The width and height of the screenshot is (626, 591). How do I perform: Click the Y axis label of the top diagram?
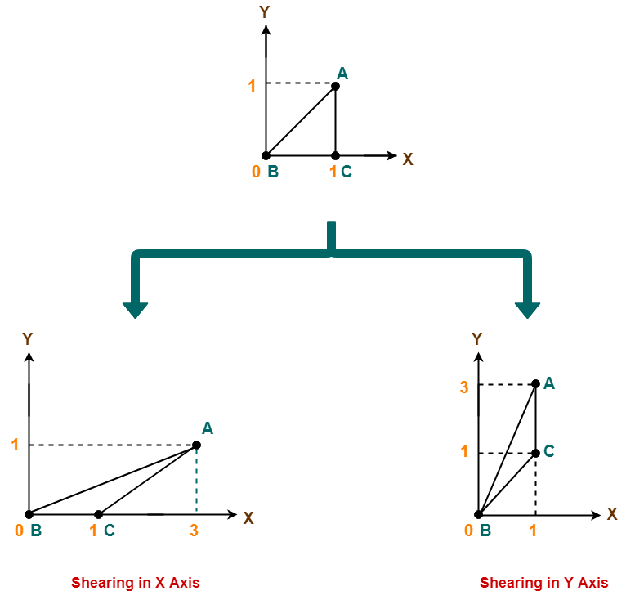click(x=264, y=12)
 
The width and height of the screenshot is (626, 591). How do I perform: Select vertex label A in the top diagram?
click(x=342, y=74)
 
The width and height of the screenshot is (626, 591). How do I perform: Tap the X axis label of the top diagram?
click(x=408, y=159)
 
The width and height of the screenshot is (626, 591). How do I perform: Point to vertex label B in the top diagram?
click(x=273, y=172)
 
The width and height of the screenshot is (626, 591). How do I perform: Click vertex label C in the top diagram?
click(x=347, y=172)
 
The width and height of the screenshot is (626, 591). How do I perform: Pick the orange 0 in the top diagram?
click(x=256, y=172)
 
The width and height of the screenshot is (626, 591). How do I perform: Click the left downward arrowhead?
click(x=135, y=309)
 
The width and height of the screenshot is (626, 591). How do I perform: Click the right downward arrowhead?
click(x=527, y=309)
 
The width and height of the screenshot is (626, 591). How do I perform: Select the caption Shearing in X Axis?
click(x=135, y=583)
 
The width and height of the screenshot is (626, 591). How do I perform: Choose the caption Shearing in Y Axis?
click(x=543, y=583)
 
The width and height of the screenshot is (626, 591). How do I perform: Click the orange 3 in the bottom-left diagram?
click(x=194, y=531)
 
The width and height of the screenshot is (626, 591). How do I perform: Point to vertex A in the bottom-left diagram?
click(x=208, y=428)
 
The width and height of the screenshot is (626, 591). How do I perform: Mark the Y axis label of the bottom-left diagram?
click(x=27, y=339)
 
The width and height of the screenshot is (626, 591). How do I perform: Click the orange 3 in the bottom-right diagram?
click(x=464, y=387)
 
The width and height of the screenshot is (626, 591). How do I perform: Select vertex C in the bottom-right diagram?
click(x=549, y=451)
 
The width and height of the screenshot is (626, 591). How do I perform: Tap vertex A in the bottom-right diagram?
click(x=549, y=383)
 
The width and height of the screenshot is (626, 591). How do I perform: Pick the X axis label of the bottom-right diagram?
click(x=612, y=514)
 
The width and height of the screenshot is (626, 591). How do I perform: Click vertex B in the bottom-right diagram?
click(x=485, y=531)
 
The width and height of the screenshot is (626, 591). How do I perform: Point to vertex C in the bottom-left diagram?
click(x=110, y=531)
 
